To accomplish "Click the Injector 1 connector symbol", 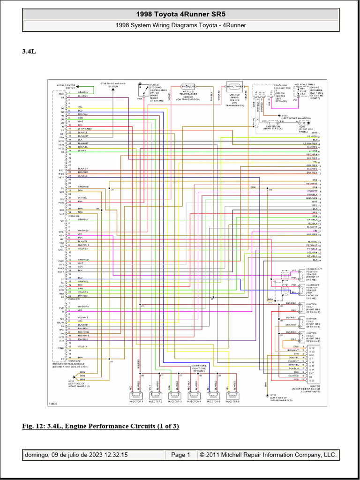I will [136, 396].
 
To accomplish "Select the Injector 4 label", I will [194, 402].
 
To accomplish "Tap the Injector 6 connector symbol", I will [232, 396].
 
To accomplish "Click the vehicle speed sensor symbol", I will [234, 88].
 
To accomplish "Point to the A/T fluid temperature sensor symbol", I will [188, 87].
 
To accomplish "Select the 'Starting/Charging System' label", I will [113, 85].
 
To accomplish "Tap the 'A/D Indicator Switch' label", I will [66, 86].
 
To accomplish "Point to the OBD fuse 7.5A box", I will [302, 94].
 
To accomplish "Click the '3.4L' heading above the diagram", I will [29, 52].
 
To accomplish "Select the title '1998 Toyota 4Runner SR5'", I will [181, 14].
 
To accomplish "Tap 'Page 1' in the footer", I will [180, 455].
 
